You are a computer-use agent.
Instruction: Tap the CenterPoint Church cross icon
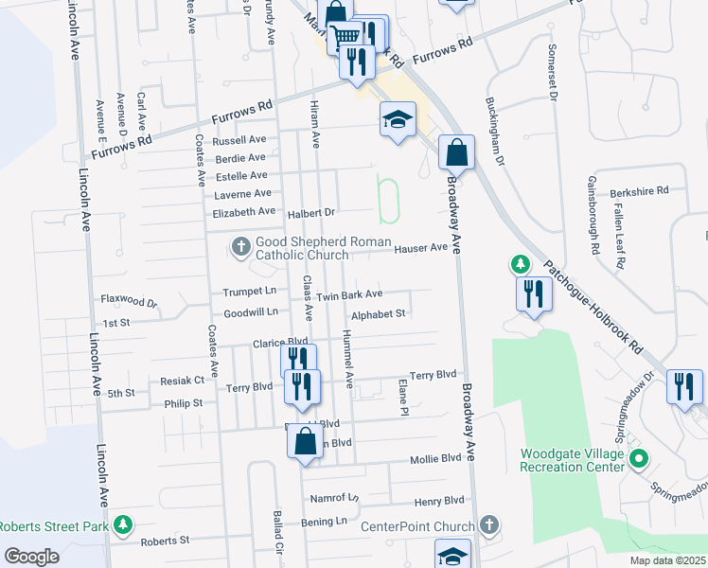(488, 524)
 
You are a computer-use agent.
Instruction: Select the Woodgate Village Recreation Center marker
(638, 461)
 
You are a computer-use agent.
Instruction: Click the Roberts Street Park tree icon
(122, 524)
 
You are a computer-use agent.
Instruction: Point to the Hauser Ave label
(420, 248)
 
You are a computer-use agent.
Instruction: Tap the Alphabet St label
(378, 314)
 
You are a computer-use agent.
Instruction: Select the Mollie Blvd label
(435, 459)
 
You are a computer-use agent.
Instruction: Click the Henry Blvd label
(439, 500)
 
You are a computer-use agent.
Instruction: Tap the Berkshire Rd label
(640, 190)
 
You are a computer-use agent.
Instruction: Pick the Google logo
(31, 557)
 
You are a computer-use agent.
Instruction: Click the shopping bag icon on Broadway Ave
(456, 151)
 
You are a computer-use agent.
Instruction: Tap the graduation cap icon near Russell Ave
(398, 119)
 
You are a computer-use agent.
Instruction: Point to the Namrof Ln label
(335, 498)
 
